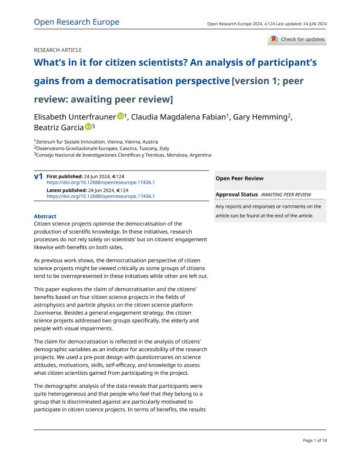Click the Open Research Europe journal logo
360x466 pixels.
pyautogui.click(x=76, y=22)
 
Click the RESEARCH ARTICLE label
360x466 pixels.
pyautogui.click(x=58, y=50)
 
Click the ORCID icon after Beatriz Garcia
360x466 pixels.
pyautogui.click(x=88, y=127)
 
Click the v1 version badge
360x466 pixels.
pyautogui.click(x=38, y=177)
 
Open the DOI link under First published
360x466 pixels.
pyautogui.click(x=100, y=182)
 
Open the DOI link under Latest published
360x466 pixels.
pyautogui.click(x=100, y=196)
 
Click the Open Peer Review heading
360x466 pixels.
pyautogui.click(x=239, y=178)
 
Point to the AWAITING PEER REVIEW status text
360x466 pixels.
pyautogui.click(x=286, y=194)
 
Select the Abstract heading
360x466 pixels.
pyautogui.click(x=45, y=217)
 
